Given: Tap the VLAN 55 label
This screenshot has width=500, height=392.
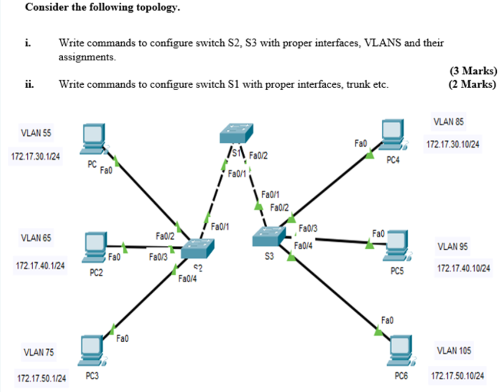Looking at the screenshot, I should tap(36, 133).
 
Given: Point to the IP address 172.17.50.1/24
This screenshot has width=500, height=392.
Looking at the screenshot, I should tap(41, 379).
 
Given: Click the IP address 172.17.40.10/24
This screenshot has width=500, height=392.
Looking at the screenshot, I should tap(464, 268).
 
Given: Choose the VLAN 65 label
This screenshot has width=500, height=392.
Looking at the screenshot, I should tap(36, 238).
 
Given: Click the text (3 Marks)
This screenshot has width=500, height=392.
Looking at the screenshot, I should tap(473, 71).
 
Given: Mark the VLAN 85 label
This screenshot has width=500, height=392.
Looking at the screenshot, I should tap(448, 122).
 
